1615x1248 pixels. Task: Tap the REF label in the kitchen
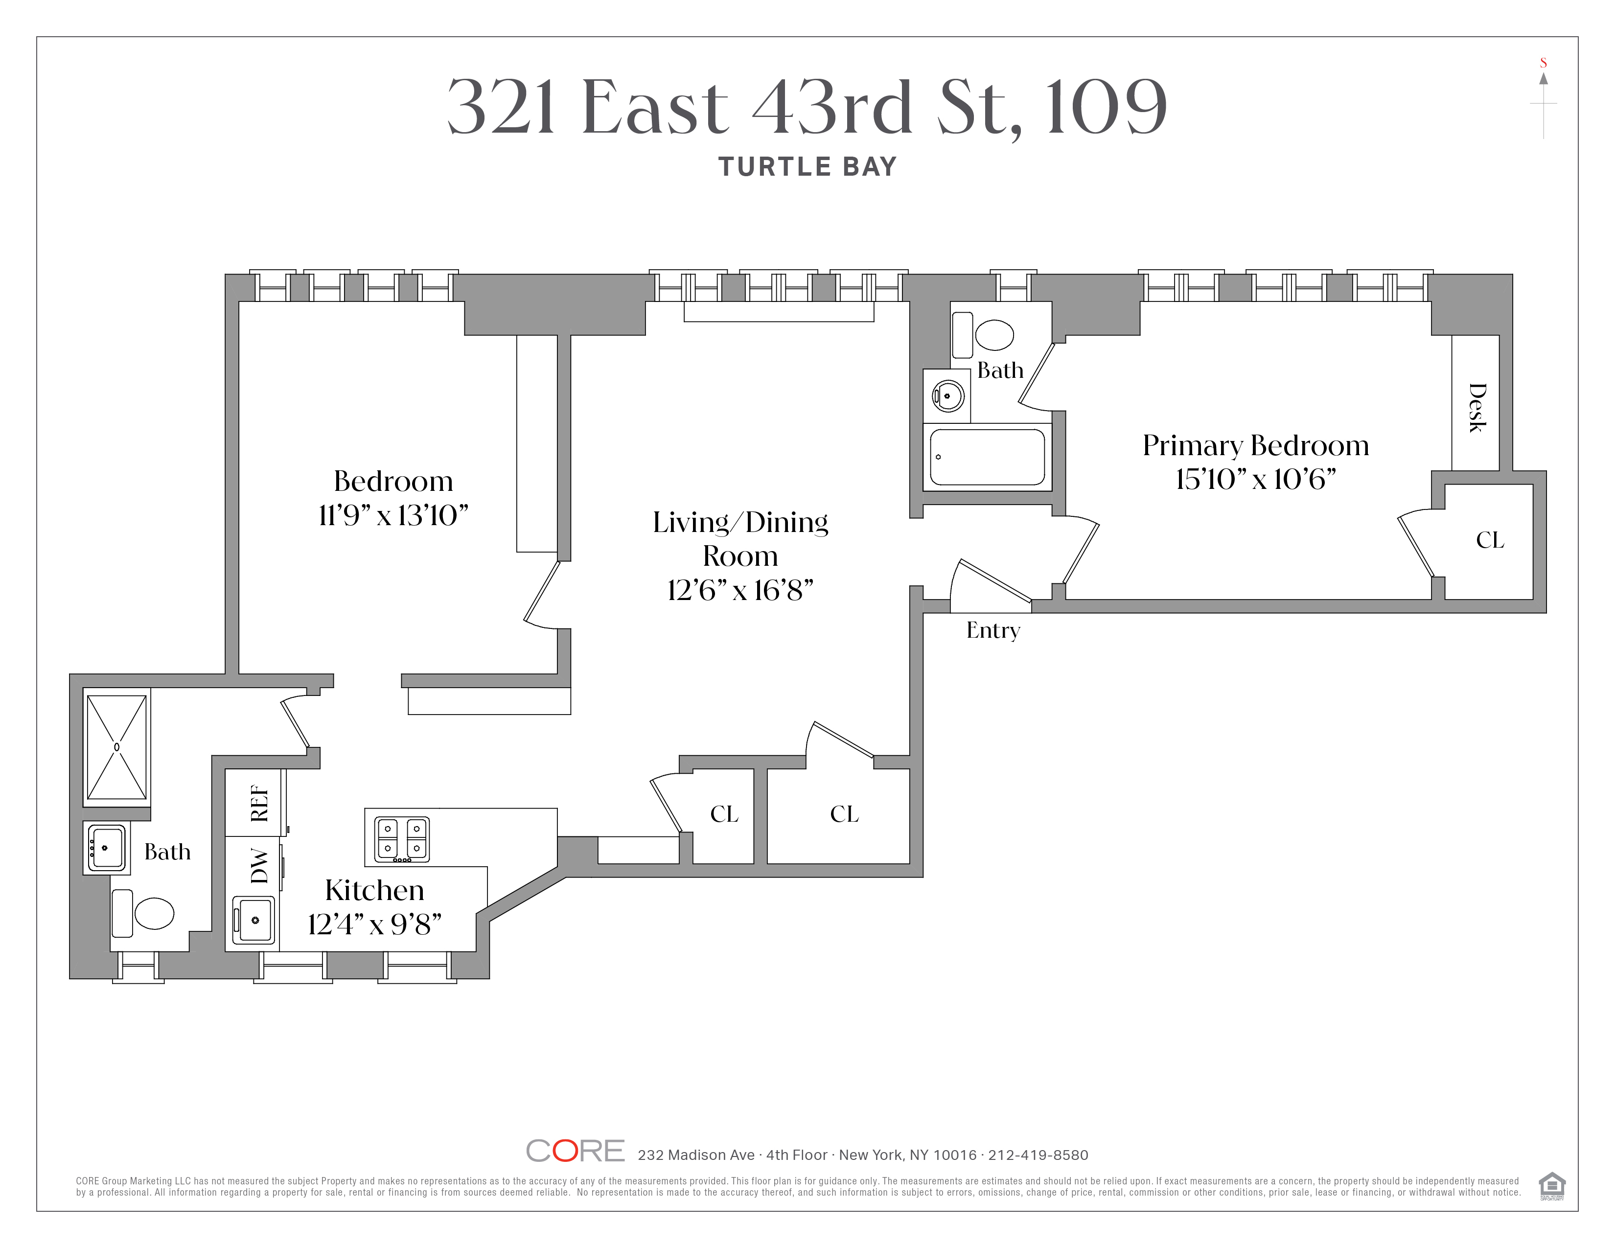(259, 803)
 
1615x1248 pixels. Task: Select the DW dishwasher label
(259, 866)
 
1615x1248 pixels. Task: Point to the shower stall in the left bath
(117, 747)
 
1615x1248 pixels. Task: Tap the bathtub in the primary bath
(987, 457)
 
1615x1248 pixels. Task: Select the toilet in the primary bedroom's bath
(984, 335)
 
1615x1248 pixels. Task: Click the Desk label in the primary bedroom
(1477, 407)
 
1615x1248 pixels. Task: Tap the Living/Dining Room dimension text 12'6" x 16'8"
(740, 590)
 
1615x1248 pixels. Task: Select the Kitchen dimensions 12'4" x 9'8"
(374, 924)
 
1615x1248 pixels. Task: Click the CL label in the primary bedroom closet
(1490, 540)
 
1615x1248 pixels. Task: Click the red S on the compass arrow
(1543, 63)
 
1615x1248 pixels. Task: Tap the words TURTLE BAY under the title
(807, 166)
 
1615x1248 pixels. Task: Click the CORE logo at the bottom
(576, 1151)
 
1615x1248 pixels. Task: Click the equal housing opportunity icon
(1551, 1186)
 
